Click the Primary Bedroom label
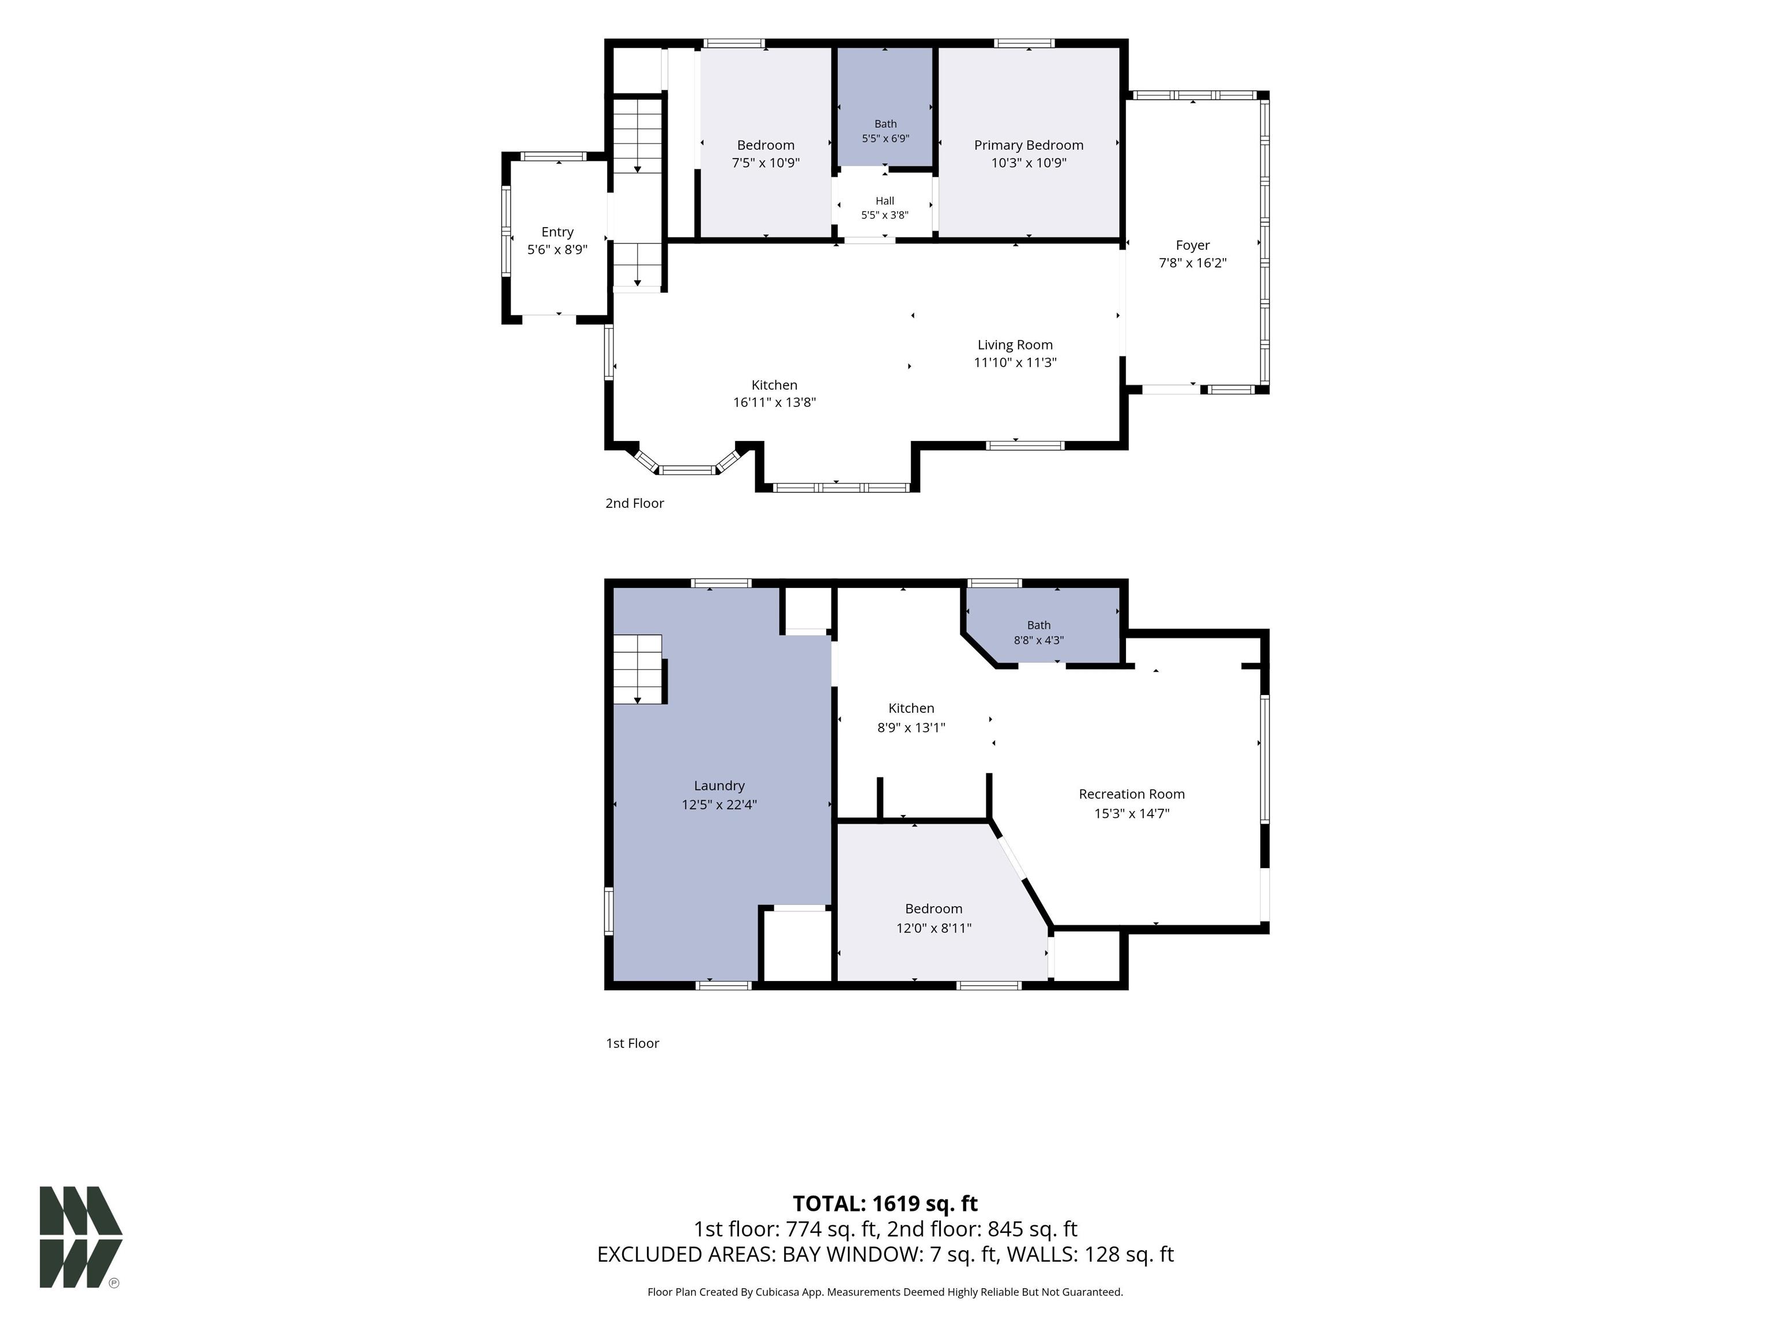tap(1029, 145)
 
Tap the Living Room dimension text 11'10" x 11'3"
tap(1015, 363)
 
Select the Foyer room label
tap(1193, 245)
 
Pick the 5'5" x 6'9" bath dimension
tap(885, 138)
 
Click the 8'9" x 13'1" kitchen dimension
tap(911, 727)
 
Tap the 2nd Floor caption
tap(635, 503)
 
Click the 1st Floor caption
tap(632, 1043)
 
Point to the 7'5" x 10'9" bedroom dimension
tap(766, 163)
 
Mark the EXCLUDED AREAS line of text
tap(885, 1254)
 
